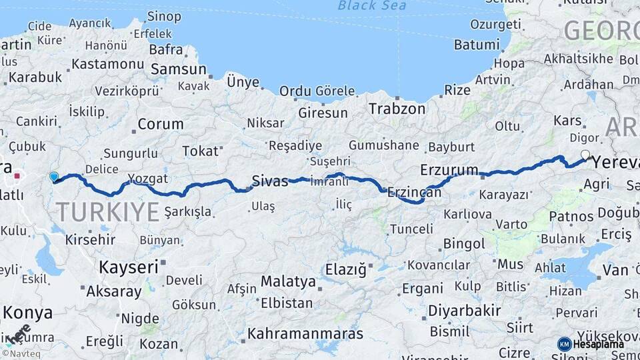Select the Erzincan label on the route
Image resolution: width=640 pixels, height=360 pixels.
pos(415,192)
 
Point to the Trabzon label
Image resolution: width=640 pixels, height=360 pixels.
pos(397,109)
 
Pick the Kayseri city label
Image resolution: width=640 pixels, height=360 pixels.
pos(129,267)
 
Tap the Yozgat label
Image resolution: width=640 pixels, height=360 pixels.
pos(147,179)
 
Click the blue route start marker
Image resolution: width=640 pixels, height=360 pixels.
pos(54,177)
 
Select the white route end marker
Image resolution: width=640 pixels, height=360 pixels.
pos(585,155)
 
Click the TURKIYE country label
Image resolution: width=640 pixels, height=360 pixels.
pos(107,212)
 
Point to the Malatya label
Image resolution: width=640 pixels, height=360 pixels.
pos(288,281)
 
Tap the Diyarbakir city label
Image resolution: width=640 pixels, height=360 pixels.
pos(464,311)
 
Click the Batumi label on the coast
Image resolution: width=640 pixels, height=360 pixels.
pos(476,45)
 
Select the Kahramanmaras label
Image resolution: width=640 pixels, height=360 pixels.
pos(305,333)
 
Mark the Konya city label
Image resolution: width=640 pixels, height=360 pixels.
pos(27,312)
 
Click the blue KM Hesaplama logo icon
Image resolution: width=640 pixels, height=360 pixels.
pos(564,344)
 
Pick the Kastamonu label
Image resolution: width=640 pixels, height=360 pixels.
pos(107,64)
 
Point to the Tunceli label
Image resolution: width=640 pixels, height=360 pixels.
pos(411,229)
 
